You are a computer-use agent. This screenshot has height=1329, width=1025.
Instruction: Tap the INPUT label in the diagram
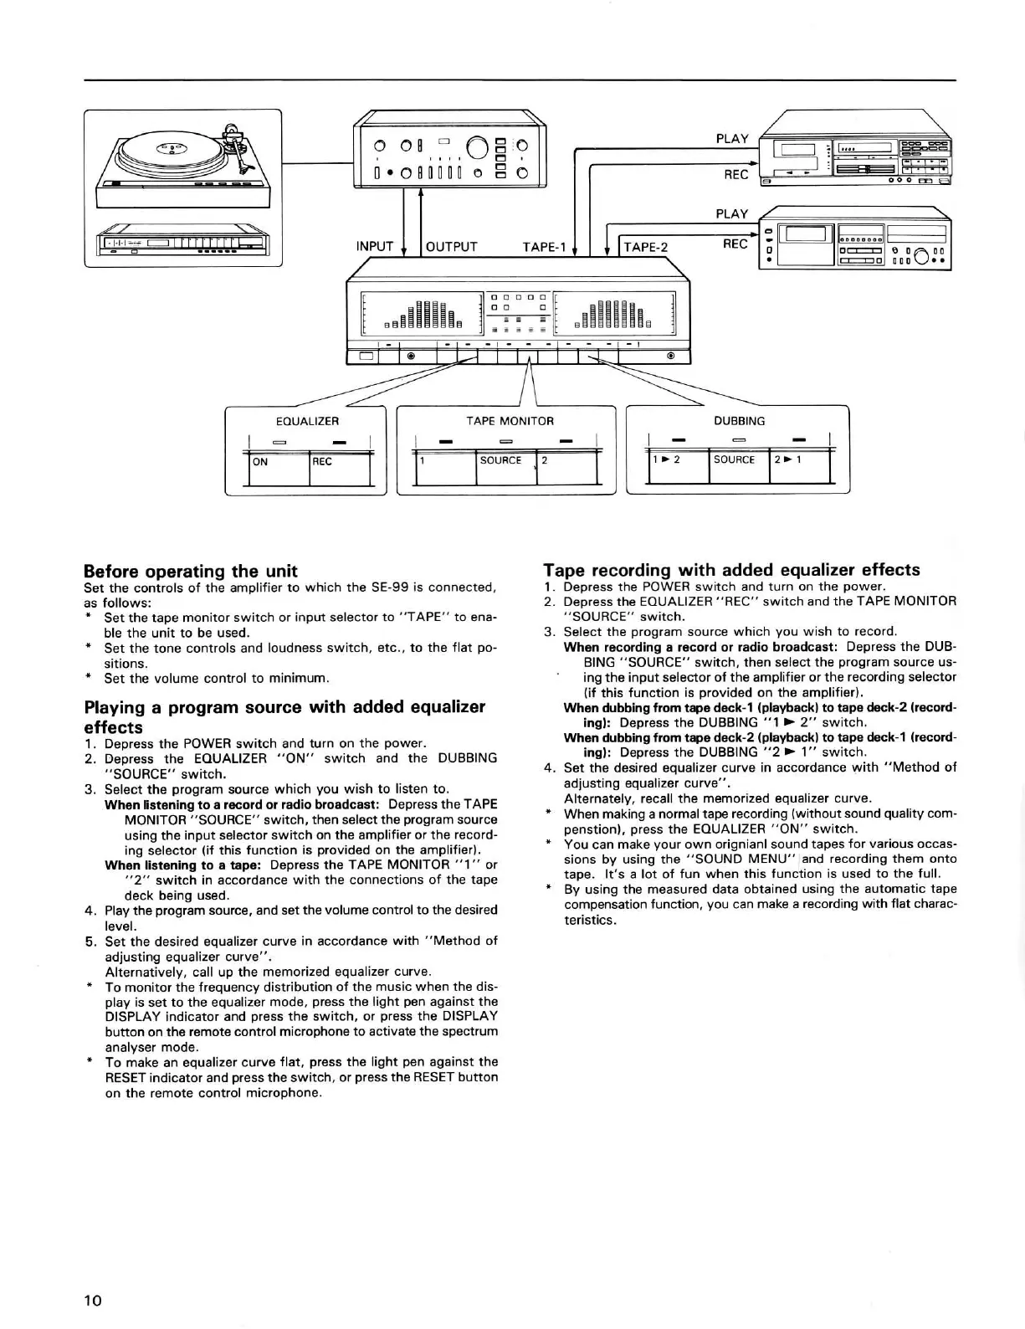click(374, 246)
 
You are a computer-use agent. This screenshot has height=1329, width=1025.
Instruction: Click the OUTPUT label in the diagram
click(451, 246)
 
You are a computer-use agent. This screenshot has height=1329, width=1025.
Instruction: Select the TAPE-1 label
click(544, 246)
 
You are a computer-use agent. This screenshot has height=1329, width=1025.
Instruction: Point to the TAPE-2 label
click(645, 247)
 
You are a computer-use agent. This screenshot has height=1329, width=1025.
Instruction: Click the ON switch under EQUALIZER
click(279, 468)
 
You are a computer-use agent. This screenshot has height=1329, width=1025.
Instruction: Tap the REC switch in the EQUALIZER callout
click(340, 468)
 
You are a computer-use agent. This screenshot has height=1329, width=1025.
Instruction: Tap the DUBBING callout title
click(739, 421)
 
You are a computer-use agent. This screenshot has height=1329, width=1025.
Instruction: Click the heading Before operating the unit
click(191, 571)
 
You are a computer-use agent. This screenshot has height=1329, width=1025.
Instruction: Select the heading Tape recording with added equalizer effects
click(731, 570)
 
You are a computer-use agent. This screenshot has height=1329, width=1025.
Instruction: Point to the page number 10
click(92, 1300)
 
